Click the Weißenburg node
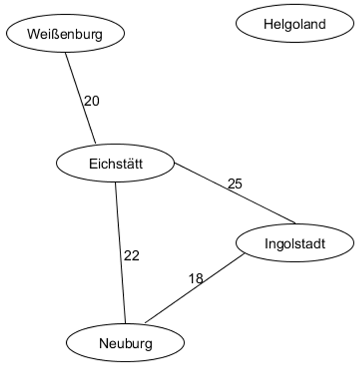coord(65,34)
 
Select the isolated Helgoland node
coord(294,24)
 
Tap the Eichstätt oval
coord(115,164)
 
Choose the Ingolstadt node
coord(294,244)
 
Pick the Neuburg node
coord(126,343)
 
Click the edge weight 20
coord(92,102)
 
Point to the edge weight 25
coord(234,184)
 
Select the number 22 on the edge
coord(132,256)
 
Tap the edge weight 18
coord(196,279)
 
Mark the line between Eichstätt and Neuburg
coord(120,251)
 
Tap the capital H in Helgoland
coord(268,24)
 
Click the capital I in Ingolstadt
coord(266,244)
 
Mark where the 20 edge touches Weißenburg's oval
coord(66,52)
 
